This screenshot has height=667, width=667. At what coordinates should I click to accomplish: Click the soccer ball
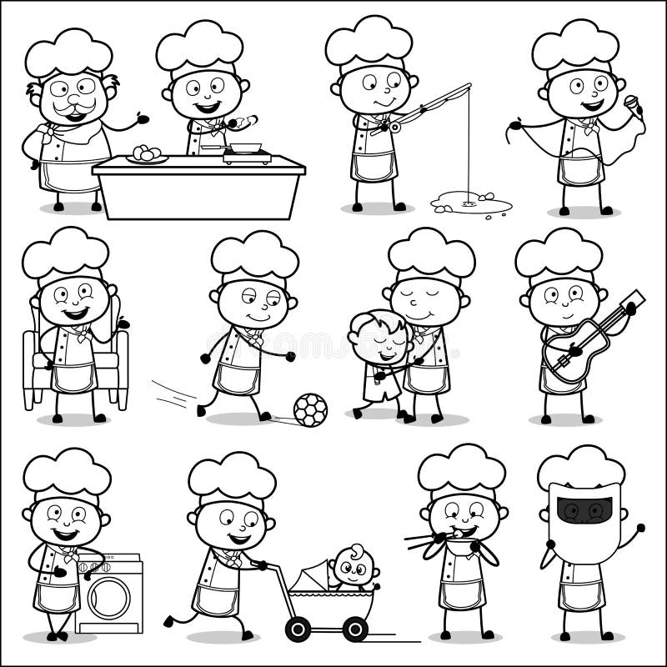click(310, 409)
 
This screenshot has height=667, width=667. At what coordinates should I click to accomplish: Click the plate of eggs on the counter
click(147, 155)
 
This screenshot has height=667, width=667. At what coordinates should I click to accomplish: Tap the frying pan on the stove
click(245, 148)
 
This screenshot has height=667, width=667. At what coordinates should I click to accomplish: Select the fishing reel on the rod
click(391, 126)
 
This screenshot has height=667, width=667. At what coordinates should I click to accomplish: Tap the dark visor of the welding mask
click(584, 509)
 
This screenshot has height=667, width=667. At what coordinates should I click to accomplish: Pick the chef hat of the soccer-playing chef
click(254, 255)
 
